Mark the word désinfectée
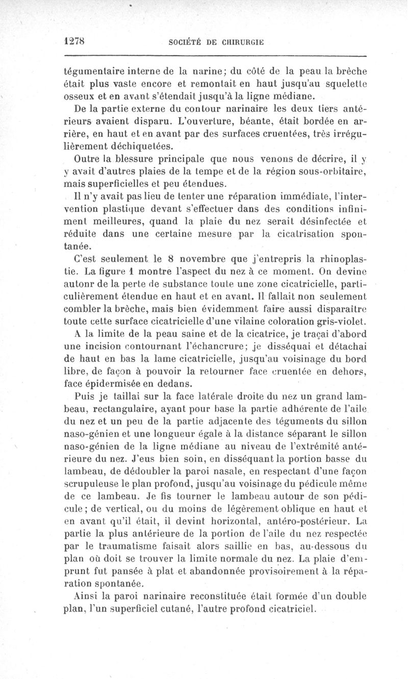[323, 221]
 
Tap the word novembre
[188, 258]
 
